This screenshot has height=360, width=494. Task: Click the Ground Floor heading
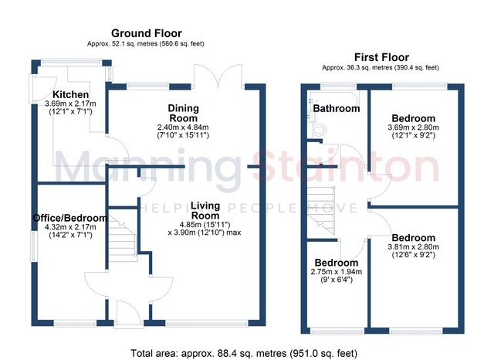tap(146, 33)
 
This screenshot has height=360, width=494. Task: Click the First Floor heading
tap(381, 57)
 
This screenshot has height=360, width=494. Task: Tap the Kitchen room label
tap(70, 94)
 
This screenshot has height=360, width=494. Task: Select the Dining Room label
tap(184, 113)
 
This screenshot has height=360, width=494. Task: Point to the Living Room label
tap(205, 211)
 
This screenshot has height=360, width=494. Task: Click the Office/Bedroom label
tap(70, 218)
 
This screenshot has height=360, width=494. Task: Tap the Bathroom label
tap(337, 108)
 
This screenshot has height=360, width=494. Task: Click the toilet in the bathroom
tap(318, 130)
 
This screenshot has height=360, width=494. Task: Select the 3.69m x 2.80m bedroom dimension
tap(414, 127)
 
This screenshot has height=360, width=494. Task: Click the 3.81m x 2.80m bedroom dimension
tap(414, 247)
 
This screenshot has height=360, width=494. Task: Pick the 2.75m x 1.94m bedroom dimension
tap(337, 272)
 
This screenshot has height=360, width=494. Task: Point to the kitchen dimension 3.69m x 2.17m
tap(70, 104)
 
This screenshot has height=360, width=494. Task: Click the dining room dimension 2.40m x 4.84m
tap(183, 127)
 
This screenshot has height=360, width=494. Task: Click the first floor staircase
tap(321, 210)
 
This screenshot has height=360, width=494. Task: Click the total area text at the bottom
tap(244, 353)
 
